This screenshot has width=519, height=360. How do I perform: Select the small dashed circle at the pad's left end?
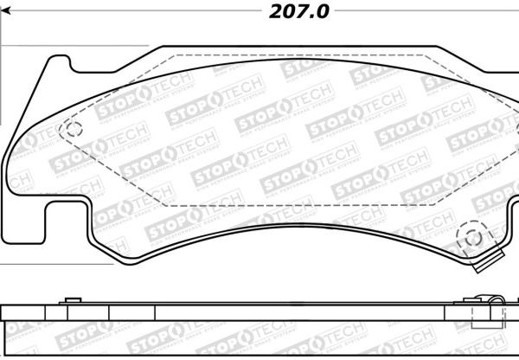[72, 131]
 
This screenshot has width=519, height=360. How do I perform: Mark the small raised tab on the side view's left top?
[66, 302]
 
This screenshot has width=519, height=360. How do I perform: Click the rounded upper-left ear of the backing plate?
[52, 65]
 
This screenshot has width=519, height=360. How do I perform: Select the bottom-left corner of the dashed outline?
[164, 205]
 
